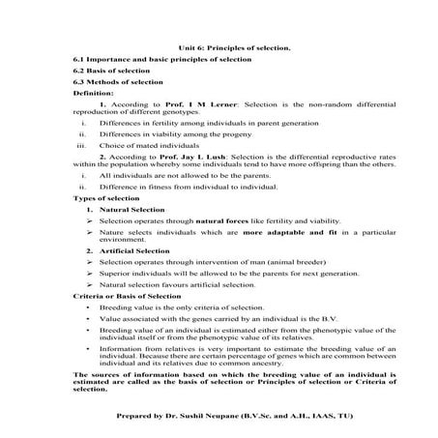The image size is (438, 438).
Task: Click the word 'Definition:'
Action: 94,94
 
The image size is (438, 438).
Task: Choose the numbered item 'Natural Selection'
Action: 136,209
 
